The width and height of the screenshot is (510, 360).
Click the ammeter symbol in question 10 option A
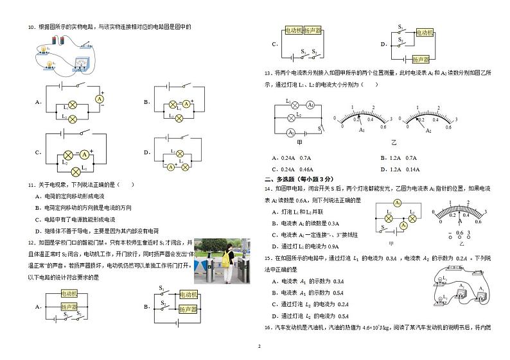[x=100, y=99]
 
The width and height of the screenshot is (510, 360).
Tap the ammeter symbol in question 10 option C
[x=84, y=154]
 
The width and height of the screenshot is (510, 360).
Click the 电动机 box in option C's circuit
[x=293, y=31]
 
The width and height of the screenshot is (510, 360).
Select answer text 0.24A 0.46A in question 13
[x=295, y=169]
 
